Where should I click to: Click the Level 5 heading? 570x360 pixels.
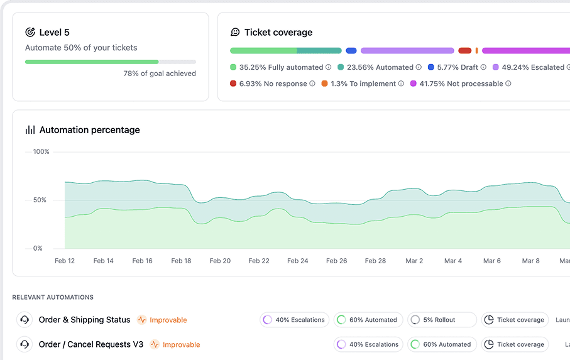54,32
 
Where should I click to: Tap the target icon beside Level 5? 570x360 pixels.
30,32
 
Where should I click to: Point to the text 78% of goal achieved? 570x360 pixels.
160,74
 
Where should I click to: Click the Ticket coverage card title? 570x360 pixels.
278,32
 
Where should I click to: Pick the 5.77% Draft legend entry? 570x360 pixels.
457,67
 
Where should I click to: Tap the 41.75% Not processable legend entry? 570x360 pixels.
461,84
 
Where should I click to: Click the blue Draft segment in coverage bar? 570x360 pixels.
351,50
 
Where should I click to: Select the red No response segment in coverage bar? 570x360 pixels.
464,50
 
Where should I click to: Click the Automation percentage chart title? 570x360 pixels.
89,130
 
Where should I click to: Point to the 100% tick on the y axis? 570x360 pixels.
41,151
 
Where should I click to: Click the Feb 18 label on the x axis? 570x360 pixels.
181,261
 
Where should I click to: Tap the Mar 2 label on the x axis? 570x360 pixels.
414,261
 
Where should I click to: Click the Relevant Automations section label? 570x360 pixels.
53,297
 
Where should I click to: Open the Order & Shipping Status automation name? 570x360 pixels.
84,320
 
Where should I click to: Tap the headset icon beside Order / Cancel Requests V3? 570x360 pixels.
25,344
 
